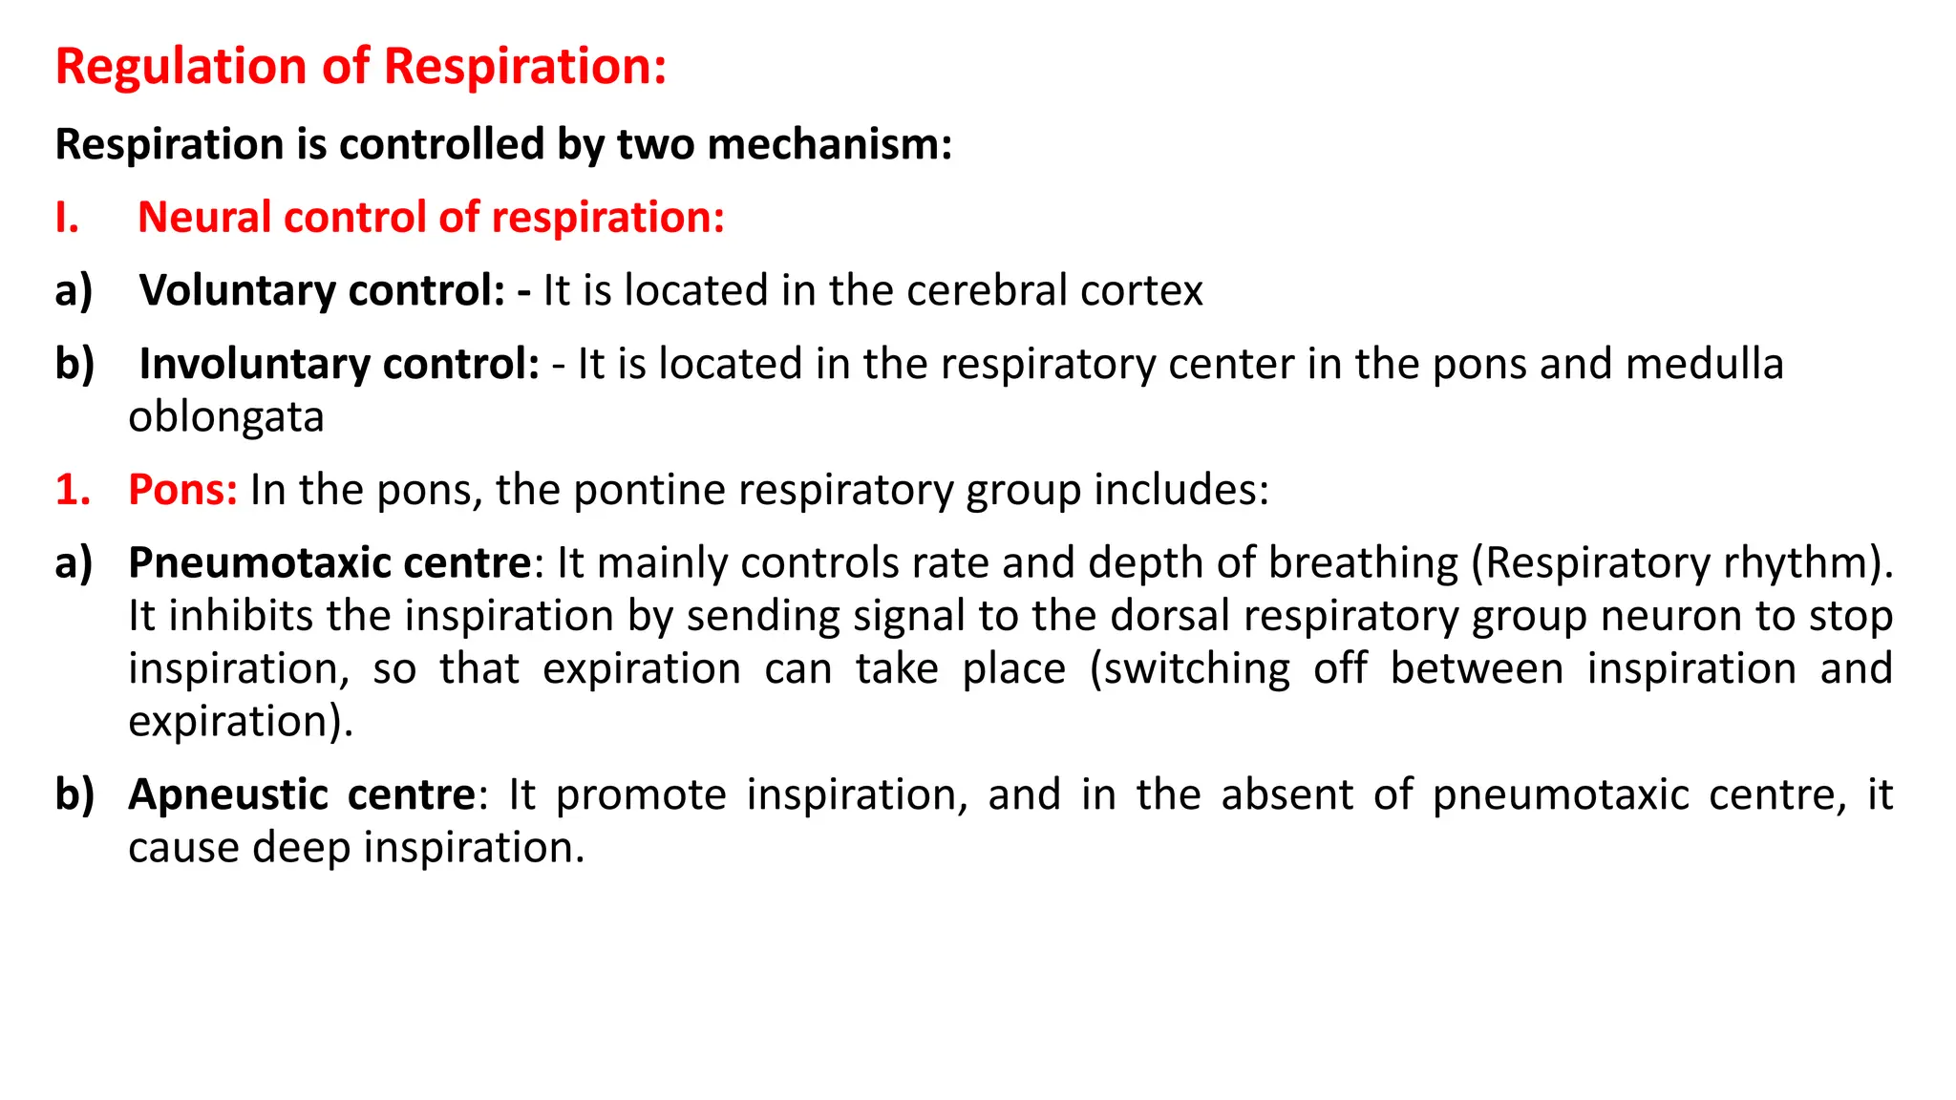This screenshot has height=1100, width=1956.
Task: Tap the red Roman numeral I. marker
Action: [67, 218]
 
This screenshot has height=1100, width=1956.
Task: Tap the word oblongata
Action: [226, 417]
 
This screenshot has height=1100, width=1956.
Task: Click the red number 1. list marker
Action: [73, 490]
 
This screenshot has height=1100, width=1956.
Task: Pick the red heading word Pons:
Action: [182, 490]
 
